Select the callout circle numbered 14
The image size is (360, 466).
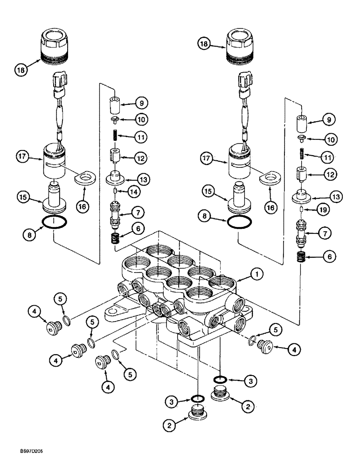(x=137, y=191)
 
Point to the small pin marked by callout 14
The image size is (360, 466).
(x=115, y=191)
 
